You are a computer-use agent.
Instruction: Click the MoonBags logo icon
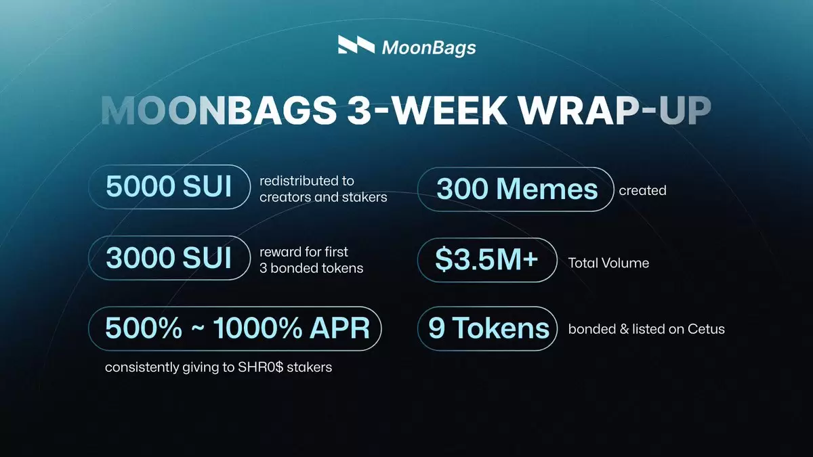pyautogui.click(x=356, y=45)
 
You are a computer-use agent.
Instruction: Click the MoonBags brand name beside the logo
pyautogui.click(x=429, y=48)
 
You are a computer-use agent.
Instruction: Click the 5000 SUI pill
pyautogui.click(x=169, y=187)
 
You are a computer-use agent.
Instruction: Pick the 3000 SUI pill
pyautogui.click(x=169, y=258)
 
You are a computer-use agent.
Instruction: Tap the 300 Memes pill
pyautogui.click(x=516, y=190)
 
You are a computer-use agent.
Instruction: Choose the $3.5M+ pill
pyautogui.click(x=487, y=260)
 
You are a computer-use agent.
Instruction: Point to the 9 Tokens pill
pyautogui.click(x=487, y=328)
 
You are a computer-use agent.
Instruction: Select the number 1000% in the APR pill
pyautogui.click(x=257, y=328)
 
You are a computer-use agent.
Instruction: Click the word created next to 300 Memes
pyautogui.click(x=642, y=190)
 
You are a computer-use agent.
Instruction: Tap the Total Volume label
pyautogui.click(x=608, y=263)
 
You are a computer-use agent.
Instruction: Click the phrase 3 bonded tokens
pyautogui.click(x=312, y=268)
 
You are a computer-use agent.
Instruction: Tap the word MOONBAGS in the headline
pyautogui.click(x=218, y=110)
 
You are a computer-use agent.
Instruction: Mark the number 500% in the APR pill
pyautogui.click(x=144, y=328)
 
